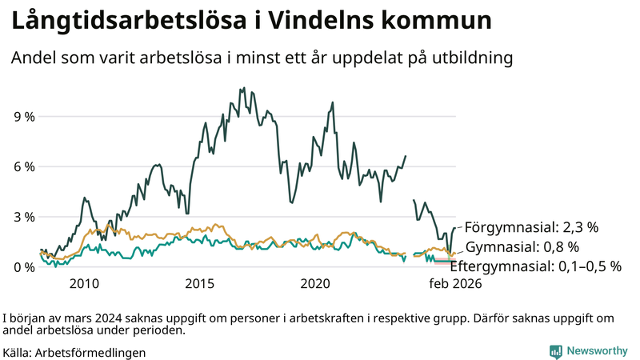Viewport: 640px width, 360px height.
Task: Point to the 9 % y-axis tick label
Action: pos(25,117)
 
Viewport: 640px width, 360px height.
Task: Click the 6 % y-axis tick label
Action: pos(25,166)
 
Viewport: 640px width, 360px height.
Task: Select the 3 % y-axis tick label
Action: pos(25,217)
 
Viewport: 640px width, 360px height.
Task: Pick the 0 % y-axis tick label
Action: pos(25,267)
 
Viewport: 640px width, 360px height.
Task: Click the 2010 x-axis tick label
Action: pos(85,284)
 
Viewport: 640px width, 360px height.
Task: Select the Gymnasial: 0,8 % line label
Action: pos(522,246)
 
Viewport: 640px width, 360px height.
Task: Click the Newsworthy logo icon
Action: pos(555,351)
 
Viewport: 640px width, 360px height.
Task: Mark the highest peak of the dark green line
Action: pos(242,88)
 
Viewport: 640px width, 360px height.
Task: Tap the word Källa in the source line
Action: pos(18,352)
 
